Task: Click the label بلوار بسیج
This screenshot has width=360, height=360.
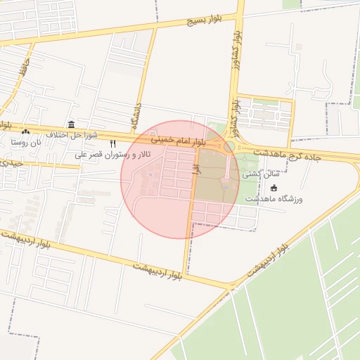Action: [x=205, y=20]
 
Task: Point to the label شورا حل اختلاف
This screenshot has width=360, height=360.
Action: [x=71, y=134]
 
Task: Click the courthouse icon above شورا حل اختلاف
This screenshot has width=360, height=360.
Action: [x=72, y=123]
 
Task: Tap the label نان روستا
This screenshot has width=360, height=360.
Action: [x=26, y=141]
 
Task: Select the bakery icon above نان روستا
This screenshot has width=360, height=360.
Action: [x=26, y=131]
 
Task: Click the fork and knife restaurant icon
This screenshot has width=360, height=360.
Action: [x=112, y=144]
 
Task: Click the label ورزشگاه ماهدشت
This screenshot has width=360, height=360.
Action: [x=274, y=200]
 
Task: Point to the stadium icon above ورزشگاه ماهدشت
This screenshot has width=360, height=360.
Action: [x=274, y=188]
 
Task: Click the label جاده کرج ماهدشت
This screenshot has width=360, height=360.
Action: [x=288, y=156]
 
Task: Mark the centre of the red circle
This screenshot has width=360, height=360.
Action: [x=180, y=179]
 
